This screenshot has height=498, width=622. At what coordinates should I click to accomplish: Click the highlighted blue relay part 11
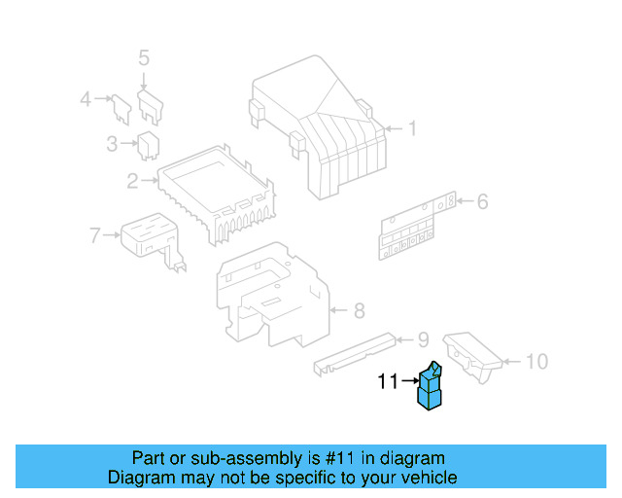430,386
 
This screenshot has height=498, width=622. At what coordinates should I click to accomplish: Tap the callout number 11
388,383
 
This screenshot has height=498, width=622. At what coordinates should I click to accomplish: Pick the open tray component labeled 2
216,190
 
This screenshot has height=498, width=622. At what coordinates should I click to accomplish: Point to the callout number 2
132,180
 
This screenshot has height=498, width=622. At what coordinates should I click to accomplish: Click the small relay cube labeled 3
150,145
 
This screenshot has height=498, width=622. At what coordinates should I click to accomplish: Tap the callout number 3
112,145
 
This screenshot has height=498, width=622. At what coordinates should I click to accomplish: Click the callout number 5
144,58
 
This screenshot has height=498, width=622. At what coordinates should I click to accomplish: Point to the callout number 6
482,202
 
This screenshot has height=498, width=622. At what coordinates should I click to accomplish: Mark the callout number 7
94,234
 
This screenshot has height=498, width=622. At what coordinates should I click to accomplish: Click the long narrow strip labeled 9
354,352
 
